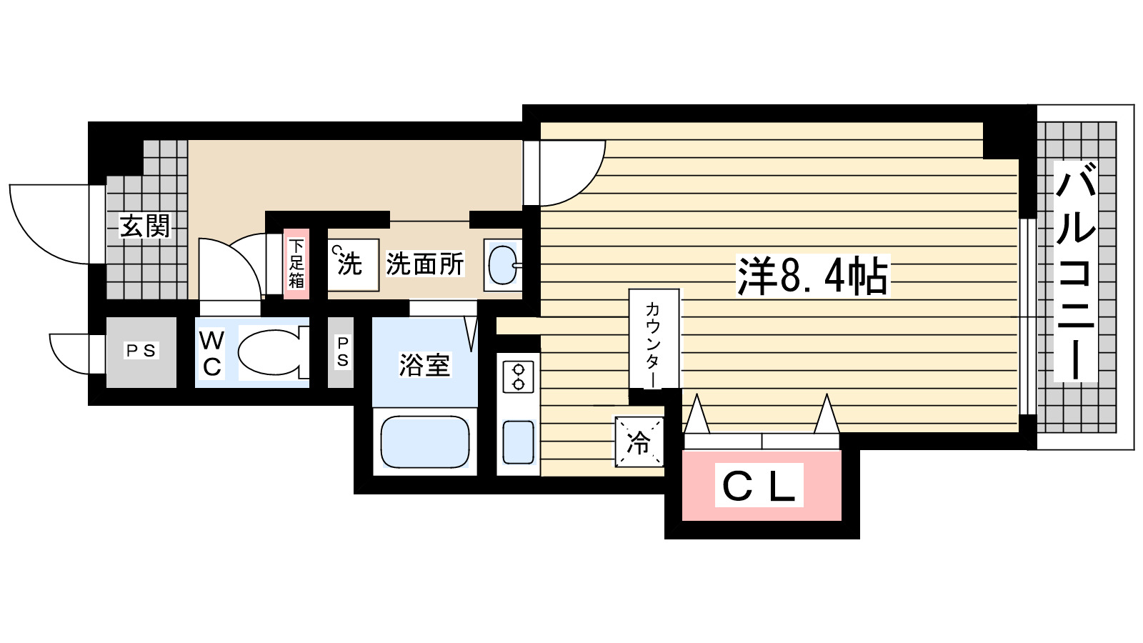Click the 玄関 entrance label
point(145,226)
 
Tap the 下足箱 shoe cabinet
point(296,264)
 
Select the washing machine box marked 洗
point(352,264)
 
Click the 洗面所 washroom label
point(425,264)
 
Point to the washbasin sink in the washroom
point(503,265)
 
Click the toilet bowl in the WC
point(270,352)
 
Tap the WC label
point(211,353)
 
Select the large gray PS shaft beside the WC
point(141,352)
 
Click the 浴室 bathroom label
point(424,365)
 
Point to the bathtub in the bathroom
point(425,442)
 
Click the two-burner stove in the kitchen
point(518,377)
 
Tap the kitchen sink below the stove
point(518,442)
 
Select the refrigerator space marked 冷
point(639,442)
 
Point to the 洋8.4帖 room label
point(812,276)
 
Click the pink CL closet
point(761,486)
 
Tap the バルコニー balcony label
point(1075,271)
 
